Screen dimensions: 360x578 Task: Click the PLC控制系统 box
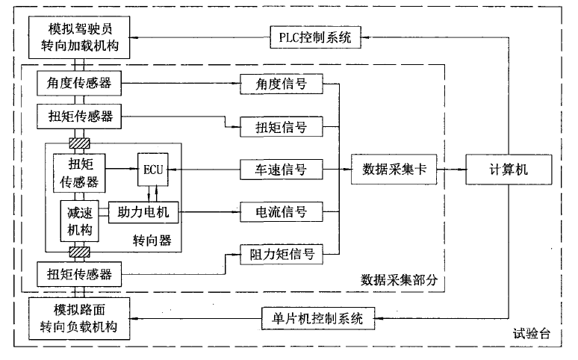(x=314, y=36)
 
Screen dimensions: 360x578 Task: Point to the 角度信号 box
(x=281, y=84)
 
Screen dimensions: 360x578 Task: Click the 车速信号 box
(x=281, y=170)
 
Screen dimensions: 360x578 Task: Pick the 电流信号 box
(x=281, y=212)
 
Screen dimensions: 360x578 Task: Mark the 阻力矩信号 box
(x=281, y=255)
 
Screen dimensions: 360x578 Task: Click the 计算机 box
(x=508, y=170)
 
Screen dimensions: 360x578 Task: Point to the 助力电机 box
(x=143, y=213)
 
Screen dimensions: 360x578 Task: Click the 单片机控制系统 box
(x=314, y=319)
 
